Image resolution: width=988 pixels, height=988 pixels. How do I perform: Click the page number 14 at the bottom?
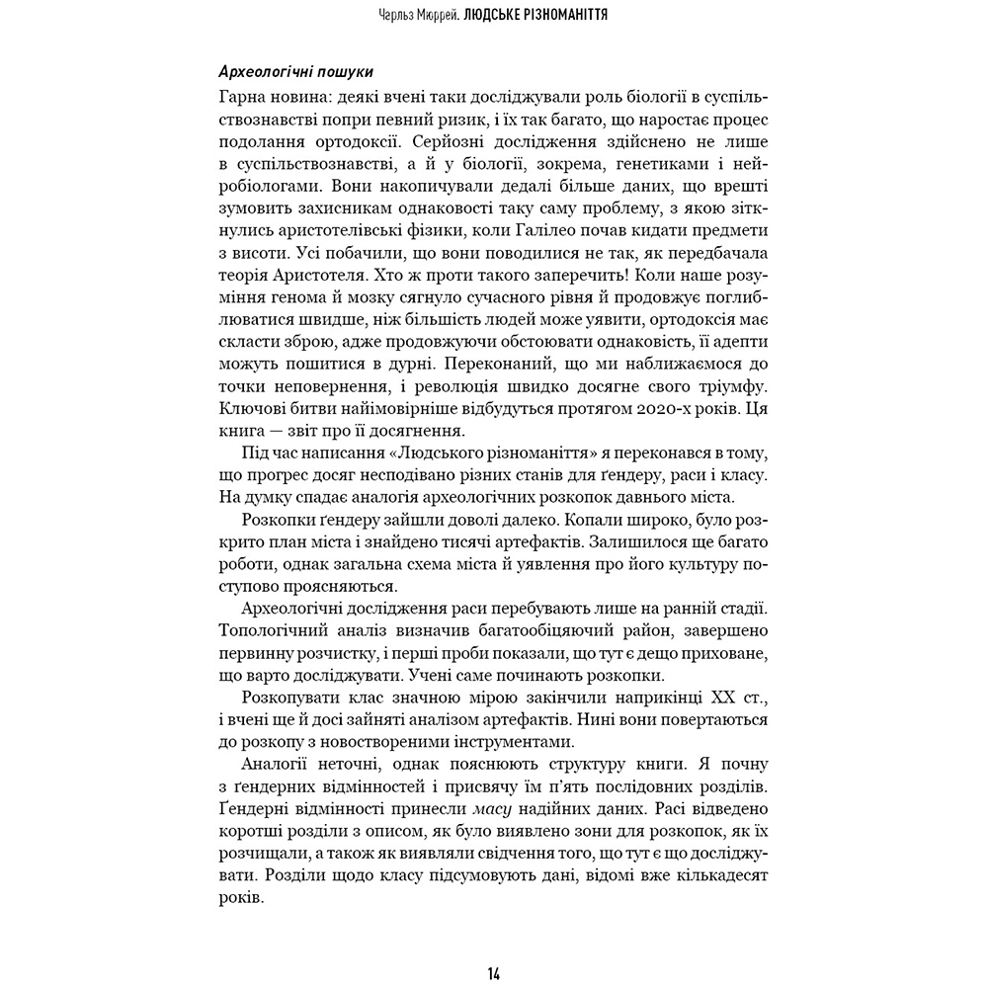(493, 973)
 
